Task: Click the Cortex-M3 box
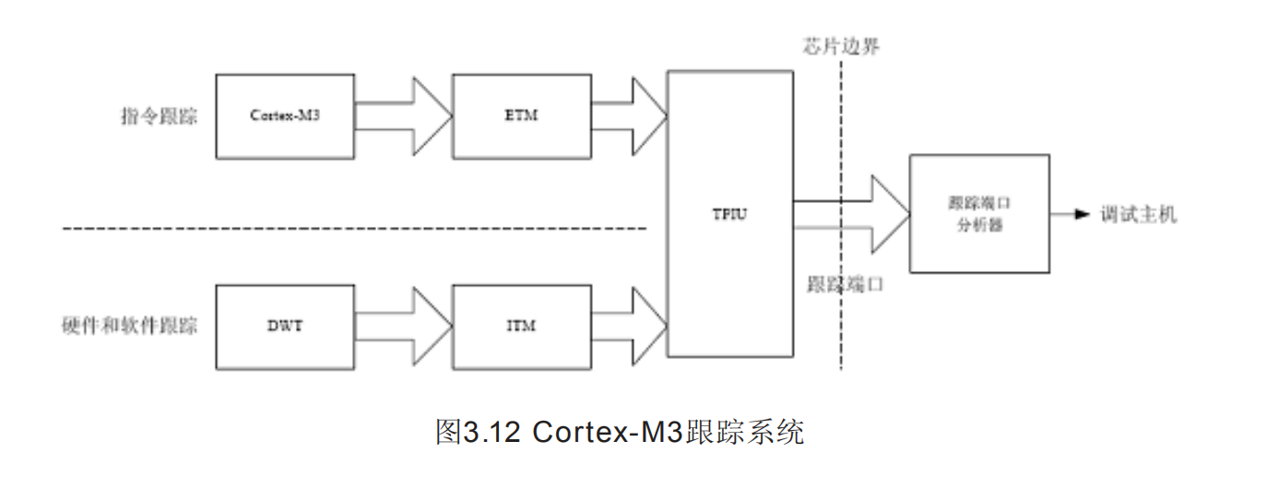point(285,116)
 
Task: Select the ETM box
point(521,116)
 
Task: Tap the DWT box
point(285,327)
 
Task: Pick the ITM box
point(521,327)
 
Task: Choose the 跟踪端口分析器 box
point(978,213)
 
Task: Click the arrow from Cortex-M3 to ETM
point(406,116)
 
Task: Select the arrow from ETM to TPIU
point(632,116)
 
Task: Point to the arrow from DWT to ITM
point(406,327)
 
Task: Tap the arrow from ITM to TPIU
point(632,327)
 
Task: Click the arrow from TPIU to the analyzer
point(858,214)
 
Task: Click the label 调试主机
point(1138,215)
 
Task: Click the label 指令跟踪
point(159,117)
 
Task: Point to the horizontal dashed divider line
point(350,227)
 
